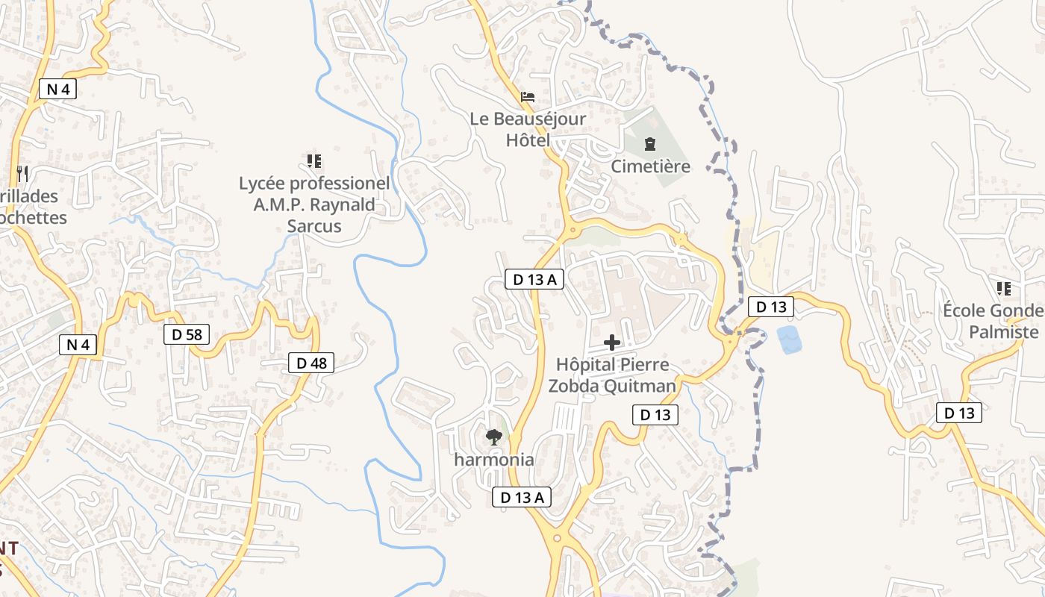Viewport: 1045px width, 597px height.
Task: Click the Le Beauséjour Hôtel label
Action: click(528, 129)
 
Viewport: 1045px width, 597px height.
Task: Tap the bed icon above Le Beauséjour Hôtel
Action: click(528, 97)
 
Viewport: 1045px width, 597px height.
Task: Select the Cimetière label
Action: click(650, 166)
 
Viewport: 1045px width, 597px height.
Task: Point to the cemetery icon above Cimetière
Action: click(650, 143)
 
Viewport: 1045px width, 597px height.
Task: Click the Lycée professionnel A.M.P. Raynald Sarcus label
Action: click(314, 204)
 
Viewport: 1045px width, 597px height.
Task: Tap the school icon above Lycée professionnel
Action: click(314, 160)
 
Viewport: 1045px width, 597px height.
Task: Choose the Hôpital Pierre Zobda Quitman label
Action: click(612, 375)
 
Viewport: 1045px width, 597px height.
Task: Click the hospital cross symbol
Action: click(612, 343)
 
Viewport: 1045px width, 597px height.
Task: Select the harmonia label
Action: click(494, 459)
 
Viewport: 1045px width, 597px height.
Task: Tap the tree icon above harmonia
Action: click(493, 437)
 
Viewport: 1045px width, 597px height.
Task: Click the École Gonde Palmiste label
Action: click(993, 322)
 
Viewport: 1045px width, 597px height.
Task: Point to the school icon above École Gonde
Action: click(1004, 288)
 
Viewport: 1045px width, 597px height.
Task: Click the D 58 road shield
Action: click(187, 334)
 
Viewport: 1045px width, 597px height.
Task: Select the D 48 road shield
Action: click(311, 363)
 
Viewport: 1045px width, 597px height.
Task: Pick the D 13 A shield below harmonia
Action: click(522, 497)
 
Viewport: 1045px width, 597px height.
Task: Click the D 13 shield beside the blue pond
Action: click(770, 306)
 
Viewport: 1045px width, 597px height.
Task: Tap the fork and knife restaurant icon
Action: click(22, 174)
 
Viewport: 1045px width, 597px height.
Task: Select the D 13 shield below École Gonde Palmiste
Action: click(959, 413)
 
